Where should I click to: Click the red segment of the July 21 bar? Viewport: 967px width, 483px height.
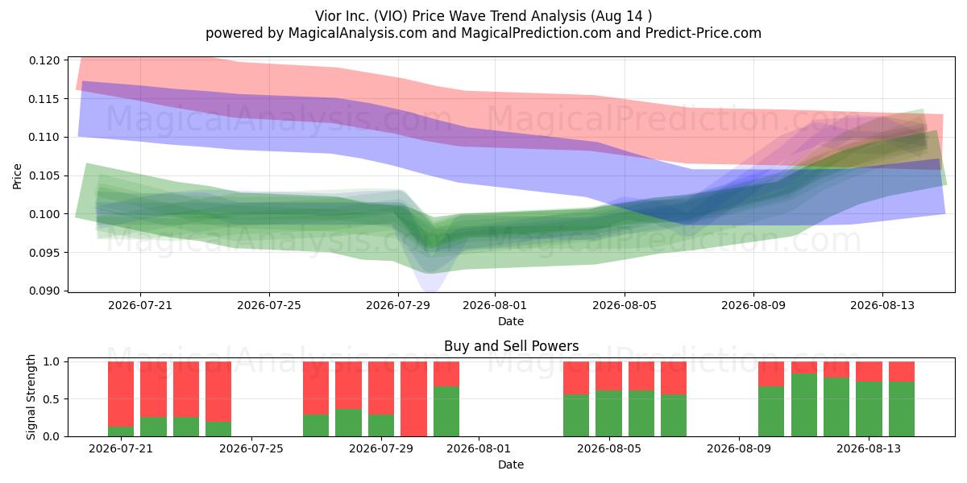click(121, 394)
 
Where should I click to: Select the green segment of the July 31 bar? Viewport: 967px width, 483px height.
click(446, 411)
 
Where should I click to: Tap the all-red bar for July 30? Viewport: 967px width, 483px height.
click(413, 399)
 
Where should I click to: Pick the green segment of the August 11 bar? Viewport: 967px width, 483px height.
click(804, 405)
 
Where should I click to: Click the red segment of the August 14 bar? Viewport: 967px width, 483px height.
click(902, 371)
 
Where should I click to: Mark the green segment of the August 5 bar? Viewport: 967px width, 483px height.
click(608, 413)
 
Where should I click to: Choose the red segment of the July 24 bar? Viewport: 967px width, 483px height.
click(218, 391)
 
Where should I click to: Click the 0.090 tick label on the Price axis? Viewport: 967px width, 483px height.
click(44, 291)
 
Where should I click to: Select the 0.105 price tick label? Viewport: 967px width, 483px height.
click(44, 176)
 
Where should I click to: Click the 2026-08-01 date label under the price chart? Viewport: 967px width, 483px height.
click(495, 305)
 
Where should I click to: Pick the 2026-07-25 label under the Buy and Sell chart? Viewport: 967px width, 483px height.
click(251, 448)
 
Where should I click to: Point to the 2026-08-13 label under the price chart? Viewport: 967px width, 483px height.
click(882, 305)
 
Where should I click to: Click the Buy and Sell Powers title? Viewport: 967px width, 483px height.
click(511, 346)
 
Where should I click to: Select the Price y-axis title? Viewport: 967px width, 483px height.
click(17, 176)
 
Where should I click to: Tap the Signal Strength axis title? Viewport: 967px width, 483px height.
click(31, 397)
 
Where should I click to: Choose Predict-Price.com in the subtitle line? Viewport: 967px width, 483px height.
click(703, 33)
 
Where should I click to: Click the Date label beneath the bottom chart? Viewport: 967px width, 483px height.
click(511, 464)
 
